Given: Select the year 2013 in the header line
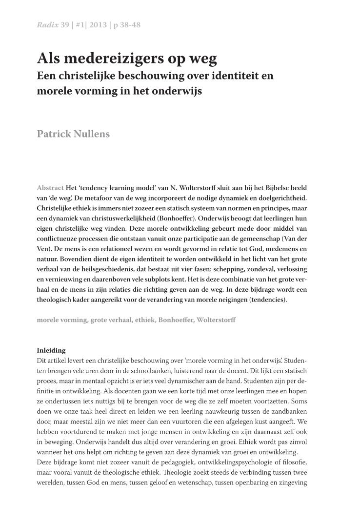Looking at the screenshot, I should click(x=99, y=25).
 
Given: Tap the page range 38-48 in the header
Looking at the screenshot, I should click(x=130, y=25).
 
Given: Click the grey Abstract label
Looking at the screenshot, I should click(x=50, y=188).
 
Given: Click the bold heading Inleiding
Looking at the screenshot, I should click(x=51, y=350).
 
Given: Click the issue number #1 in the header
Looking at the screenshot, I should click(x=80, y=25).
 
